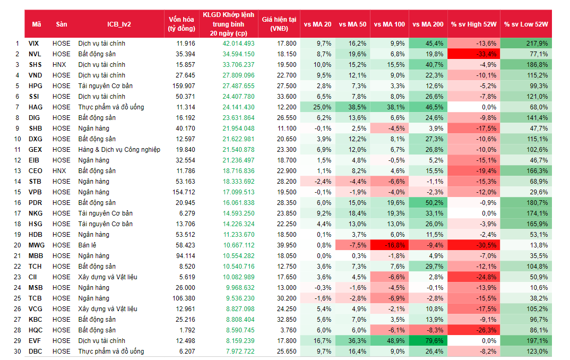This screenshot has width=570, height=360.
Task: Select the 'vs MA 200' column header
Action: click(428, 24)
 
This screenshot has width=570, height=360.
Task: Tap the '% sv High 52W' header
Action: click(473, 24)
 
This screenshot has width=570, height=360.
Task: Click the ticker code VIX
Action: click(34, 43)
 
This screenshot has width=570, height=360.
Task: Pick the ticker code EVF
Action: click(34, 340)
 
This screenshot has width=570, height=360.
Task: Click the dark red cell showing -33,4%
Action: click(473, 54)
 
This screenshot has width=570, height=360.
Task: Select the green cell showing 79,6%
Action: click(428, 340)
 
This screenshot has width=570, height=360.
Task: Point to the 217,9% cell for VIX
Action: click(525, 43)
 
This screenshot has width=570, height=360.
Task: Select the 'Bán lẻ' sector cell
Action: click(88, 245)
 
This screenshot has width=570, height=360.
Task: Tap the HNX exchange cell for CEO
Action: click(60, 170)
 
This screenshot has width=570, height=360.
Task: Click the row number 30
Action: click(17, 351)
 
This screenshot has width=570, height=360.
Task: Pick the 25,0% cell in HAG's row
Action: click(317, 107)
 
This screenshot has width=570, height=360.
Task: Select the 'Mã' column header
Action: click(36, 24)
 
